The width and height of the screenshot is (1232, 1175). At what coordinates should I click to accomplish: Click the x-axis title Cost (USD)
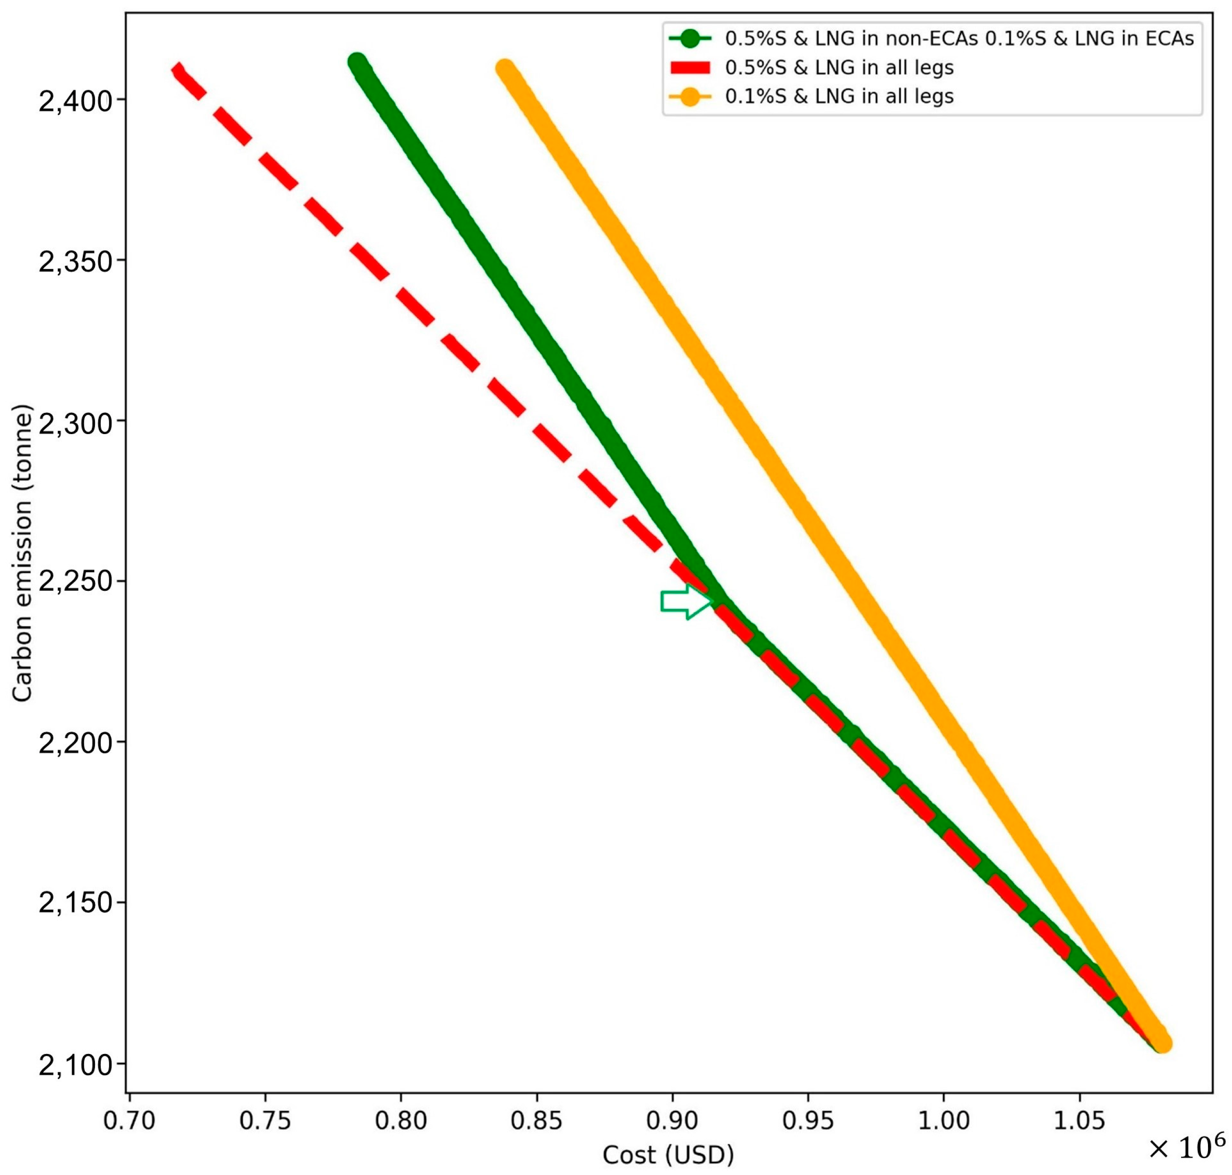coord(668,1154)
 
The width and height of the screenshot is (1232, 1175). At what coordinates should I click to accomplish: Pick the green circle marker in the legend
coord(690,39)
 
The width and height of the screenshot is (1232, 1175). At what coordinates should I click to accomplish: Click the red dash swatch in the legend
coord(690,68)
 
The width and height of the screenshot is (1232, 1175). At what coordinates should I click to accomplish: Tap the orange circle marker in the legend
coord(690,97)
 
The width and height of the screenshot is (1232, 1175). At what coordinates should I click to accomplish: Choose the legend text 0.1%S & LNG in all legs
coord(840,97)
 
